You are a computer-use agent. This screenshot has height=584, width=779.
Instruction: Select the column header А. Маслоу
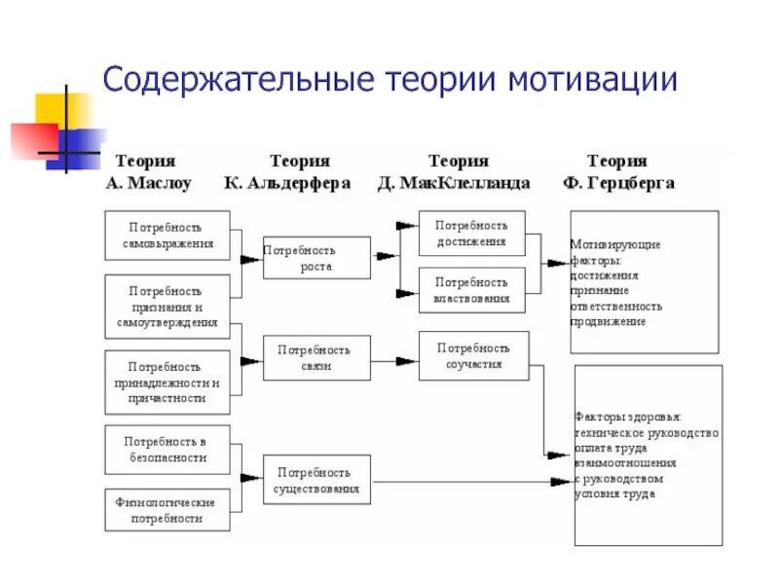click(148, 183)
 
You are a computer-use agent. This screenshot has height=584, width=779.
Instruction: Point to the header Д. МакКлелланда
click(454, 183)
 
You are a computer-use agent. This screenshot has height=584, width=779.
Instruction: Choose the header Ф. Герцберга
click(617, 183)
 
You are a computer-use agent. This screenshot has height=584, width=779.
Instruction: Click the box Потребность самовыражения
click(167, 236)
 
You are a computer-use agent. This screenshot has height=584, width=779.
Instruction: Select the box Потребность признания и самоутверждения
click(167, 306)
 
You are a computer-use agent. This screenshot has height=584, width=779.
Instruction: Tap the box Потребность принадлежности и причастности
click(167, 382)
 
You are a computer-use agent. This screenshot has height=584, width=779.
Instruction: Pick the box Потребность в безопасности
click(167, 450)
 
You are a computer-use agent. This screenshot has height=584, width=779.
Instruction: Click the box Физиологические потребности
click(167, 510)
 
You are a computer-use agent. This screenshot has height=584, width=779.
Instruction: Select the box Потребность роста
click(316, 258)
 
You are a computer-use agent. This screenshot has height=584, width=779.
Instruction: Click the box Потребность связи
click(316, 357)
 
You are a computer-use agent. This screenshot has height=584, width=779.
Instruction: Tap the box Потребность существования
click(316, 480)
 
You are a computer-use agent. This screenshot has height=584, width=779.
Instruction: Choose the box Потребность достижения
click(471, 234)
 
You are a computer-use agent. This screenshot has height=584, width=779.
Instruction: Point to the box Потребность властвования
click(471, 290)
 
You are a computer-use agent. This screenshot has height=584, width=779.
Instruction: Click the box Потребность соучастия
click(474, 355)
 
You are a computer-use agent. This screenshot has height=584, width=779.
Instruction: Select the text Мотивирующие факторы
click(615, 252)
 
